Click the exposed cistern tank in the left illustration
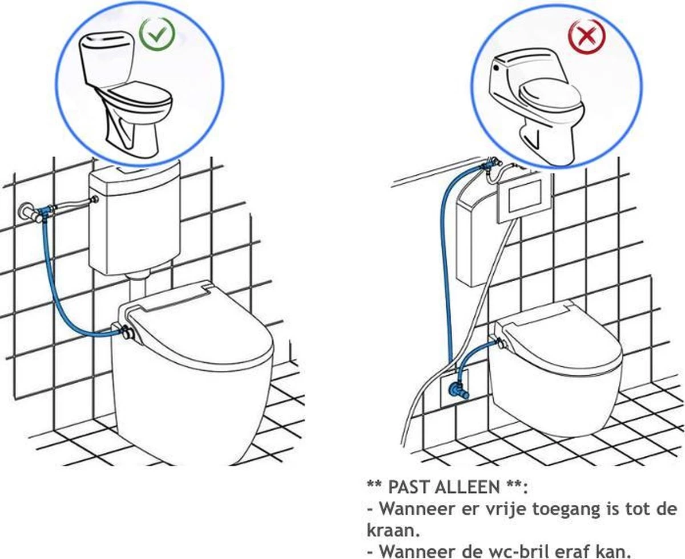click(x=134, y=220)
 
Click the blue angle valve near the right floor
click(x=457, y=391)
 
